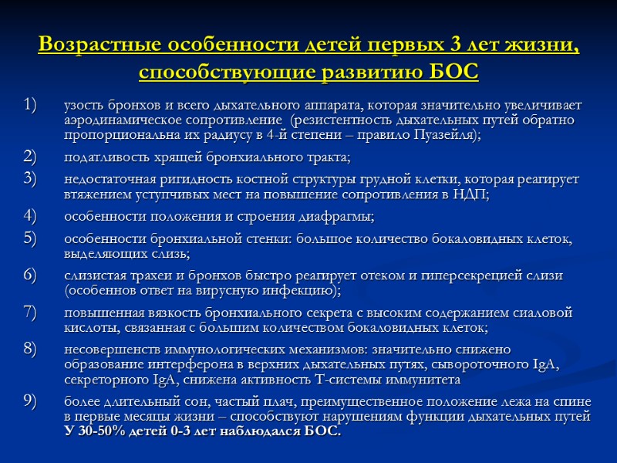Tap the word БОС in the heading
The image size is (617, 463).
pos(454,73)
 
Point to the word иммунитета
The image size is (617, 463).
pos(428,380)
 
